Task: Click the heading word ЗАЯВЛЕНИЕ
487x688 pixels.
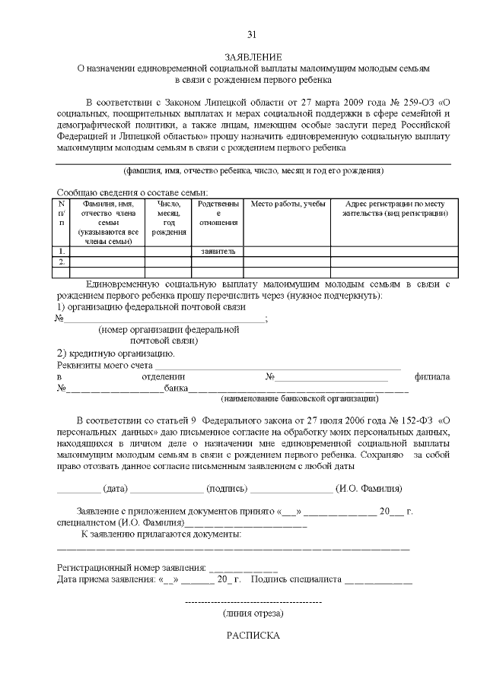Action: tap(253, 57)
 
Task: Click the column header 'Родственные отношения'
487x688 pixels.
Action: tap(218, 214)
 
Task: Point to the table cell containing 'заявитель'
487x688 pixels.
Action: tap(218, 251)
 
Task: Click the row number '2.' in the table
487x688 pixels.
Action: tap(62, 262)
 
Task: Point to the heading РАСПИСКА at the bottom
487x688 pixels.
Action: tap(253, 636)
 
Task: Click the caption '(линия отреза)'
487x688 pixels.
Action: tap(253, 612)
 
